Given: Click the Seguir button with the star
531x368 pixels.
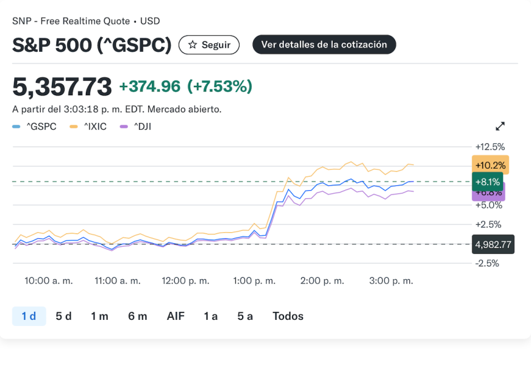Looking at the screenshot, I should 209,45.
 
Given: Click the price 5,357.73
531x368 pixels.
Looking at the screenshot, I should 62,86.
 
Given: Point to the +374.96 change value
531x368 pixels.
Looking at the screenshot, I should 149,86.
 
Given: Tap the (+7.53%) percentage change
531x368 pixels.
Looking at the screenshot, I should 220,86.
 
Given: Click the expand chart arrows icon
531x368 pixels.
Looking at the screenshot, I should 500,127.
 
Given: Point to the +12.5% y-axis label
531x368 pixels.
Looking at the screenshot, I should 490,147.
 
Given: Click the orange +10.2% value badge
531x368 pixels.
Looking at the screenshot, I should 490,165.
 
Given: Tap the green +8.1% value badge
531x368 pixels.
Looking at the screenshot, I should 488,182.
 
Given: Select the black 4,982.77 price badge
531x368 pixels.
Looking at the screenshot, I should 493,245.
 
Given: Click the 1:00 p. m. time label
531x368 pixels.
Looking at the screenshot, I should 254,280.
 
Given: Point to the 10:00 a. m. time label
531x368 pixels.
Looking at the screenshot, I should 49,280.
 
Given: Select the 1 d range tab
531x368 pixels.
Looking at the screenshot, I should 29,316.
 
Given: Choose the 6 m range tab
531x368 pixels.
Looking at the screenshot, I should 138,316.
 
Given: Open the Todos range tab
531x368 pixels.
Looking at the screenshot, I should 288,316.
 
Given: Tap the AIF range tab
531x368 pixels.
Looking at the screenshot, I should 176,316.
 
